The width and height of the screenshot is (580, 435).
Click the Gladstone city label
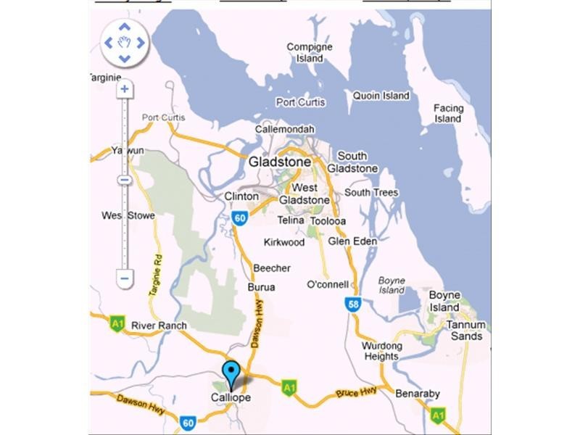(279, 162)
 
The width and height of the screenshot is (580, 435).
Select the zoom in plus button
(125, 89)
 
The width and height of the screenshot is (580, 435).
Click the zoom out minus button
(125, 278)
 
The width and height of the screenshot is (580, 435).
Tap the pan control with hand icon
(125, 42)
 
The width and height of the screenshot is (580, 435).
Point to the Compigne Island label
(310, 52)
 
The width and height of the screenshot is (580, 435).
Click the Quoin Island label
(381, 95)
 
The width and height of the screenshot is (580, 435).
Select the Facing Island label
(448, 113)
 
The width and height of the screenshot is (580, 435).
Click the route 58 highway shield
(353, 305)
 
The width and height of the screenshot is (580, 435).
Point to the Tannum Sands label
(465, 331)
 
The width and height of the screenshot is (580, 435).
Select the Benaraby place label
(418, 394)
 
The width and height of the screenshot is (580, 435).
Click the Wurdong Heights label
(382, 351)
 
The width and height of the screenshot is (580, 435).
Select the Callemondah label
(285, 129)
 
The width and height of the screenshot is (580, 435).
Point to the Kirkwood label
(284, 241)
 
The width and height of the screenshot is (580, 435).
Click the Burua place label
(262, 286)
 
